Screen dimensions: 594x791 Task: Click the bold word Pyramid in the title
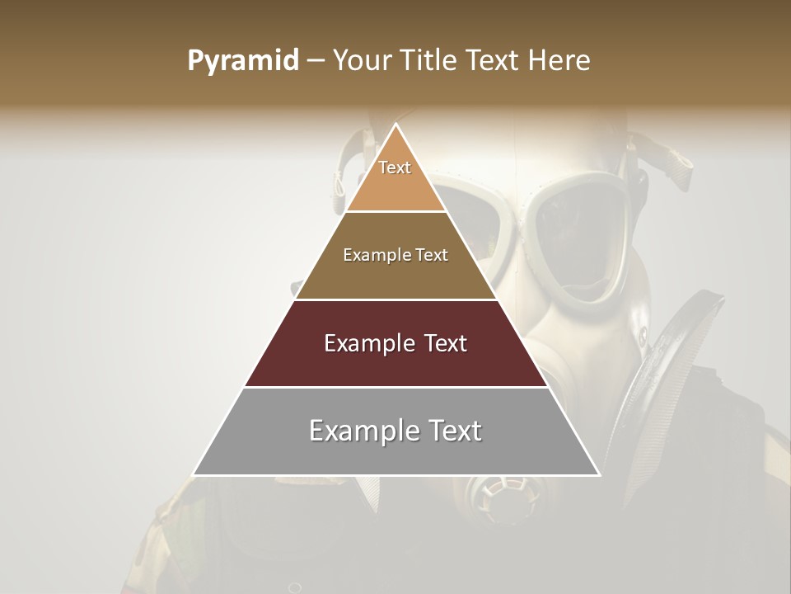point(242,61)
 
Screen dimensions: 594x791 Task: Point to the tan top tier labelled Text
point(395,177)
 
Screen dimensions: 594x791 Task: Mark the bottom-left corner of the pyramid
point(194,475)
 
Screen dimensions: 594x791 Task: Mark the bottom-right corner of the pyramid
point(600,475)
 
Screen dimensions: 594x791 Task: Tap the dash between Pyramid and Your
point(315,61)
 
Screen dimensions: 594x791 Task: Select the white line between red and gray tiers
point(395,387)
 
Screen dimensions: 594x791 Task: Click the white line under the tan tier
point(395,211)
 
